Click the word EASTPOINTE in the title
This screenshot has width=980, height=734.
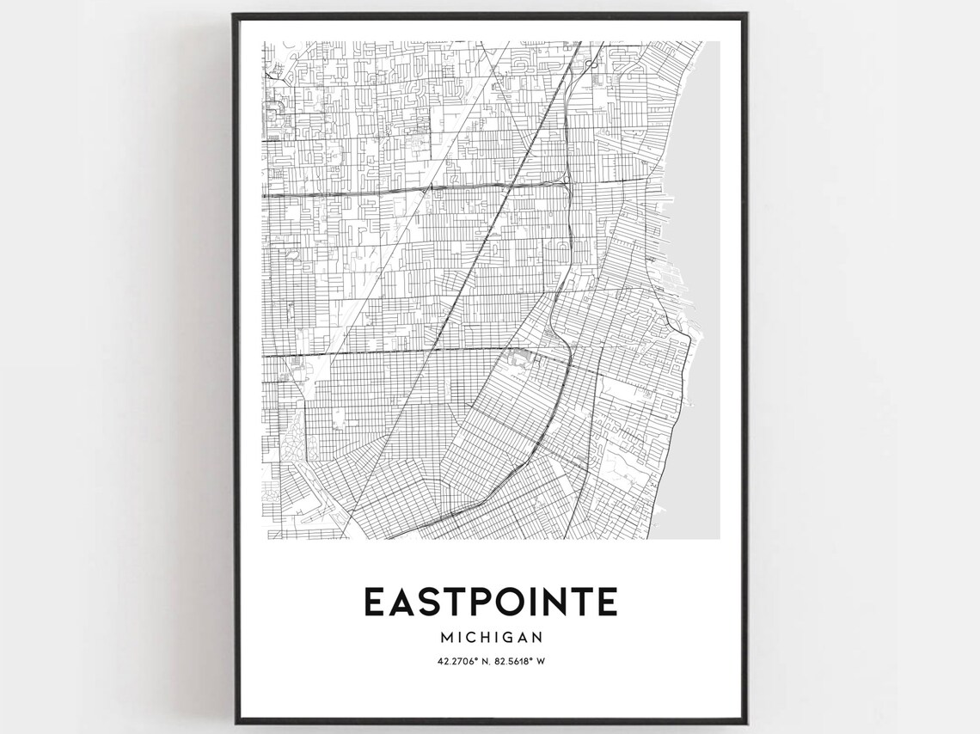tap(490, 602)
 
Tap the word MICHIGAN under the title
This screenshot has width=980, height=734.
tap(491, 638)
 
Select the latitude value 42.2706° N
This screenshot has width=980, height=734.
tap(451, 661)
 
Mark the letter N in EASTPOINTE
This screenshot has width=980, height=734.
tap(554, 602)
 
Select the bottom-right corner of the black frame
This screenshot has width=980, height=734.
tap(747, 724)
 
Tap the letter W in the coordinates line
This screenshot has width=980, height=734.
tap(542, 661)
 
